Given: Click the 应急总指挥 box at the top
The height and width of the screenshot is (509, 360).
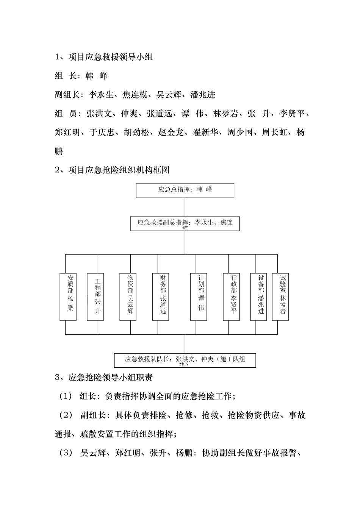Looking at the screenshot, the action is pos(185,190).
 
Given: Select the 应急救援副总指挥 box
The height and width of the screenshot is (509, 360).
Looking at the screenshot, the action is pos(185,223).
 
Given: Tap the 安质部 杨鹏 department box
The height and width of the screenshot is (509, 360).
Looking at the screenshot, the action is pos(68,297).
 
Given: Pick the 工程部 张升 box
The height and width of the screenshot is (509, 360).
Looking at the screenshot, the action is pos(95,297).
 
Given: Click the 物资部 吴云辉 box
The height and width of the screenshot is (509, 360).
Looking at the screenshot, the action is pos(128,297).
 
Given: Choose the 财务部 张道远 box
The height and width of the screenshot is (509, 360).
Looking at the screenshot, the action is pos(161,297).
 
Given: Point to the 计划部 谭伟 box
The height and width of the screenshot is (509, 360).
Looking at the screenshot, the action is pos(199,297).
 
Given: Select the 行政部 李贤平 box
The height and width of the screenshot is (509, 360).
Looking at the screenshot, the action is pos(231,297).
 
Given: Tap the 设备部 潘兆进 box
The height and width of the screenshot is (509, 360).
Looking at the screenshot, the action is pos(258,297).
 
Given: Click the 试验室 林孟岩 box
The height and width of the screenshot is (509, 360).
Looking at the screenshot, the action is pos(280,297).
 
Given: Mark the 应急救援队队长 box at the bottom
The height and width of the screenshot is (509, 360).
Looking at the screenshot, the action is pos(185,360).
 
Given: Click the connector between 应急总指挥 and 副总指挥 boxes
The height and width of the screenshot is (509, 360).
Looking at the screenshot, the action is pos(185,207).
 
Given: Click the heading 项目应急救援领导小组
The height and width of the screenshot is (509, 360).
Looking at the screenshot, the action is pos(110,57).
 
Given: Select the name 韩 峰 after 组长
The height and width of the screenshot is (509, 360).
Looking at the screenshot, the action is pos(97,76).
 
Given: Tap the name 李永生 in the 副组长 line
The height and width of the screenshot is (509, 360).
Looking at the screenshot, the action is pos(101,95).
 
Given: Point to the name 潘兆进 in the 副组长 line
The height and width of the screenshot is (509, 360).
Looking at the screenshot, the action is pos(203,95).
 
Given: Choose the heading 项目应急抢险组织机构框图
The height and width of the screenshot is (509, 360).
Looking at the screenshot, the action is pos(119,170).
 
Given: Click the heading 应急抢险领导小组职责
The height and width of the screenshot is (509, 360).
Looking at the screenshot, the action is pos(110,378).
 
